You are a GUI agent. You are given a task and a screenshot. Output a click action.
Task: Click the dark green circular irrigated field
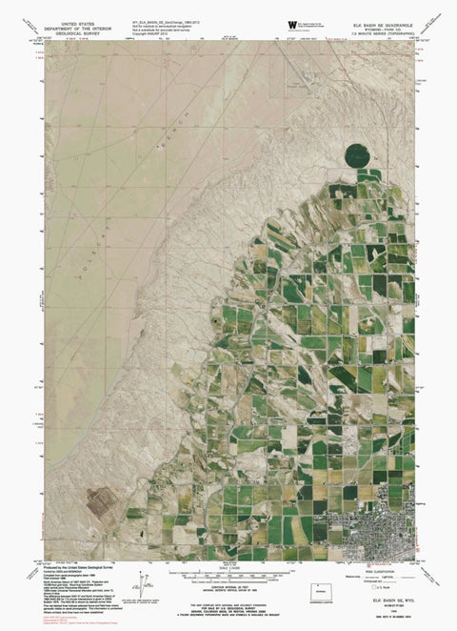click(357, 154)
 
